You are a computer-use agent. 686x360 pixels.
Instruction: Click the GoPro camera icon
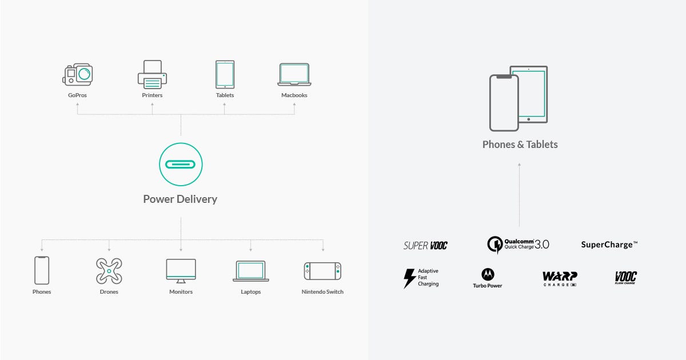point(78,74)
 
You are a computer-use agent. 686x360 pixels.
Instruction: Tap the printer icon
point(152,74)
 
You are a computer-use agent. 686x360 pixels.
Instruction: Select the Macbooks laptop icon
point(294,75)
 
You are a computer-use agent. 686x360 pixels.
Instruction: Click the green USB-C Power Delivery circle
point(181,165)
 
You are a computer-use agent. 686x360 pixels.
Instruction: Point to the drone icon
point(109,271)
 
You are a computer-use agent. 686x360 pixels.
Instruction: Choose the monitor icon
point(181,271)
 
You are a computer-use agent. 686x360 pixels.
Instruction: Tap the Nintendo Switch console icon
point(322,271)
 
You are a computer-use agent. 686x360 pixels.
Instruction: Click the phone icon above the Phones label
point(42,270)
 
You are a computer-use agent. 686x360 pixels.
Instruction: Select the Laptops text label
point(251,292)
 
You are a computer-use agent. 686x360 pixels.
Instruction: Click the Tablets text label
point(225,95)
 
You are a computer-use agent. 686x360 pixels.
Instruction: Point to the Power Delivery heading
point(180,199)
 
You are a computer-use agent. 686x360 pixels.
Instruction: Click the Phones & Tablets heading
point(520,145)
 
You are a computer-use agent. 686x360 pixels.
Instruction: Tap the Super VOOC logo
point(425,246)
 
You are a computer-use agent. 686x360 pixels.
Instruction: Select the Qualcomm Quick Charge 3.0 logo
point(518,245)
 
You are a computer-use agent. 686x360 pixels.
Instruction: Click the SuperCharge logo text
point(609,245)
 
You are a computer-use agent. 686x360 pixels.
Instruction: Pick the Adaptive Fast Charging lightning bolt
point(409,278)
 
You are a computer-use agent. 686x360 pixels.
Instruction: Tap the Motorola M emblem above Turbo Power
point(488,275)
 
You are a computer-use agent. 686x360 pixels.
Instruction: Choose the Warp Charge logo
point(560,279)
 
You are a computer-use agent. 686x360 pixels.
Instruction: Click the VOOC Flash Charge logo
point(625,278)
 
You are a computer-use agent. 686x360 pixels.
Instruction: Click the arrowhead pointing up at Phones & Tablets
point(520,165)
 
